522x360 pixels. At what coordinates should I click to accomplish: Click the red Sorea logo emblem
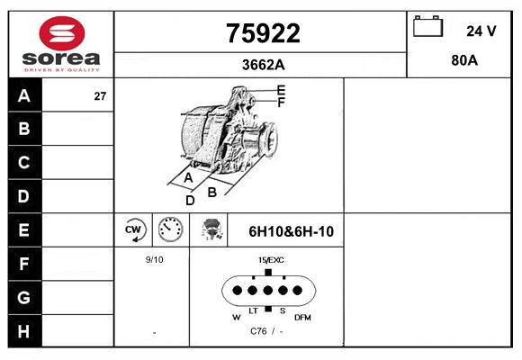pyautogui.click(x=62, y=33)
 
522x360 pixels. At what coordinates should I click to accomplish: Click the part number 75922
pyautogui.click(x=263, y=33)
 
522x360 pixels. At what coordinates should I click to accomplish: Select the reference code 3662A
pyautogui.click(x=264, y=65)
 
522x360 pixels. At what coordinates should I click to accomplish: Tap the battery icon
pyautogui.click(x=427, y=26)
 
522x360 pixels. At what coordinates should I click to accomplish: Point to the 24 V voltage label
pyautogui.click(x=481, y=31)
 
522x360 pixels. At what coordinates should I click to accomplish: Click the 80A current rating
pyautogui.click(x=464, y=60)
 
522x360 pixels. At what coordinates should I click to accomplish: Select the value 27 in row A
pyautogui.click(x=100, y=96)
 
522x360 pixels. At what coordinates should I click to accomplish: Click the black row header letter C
pyautogui.click(x=24, y=163)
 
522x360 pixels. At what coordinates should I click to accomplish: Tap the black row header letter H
pyautogui.click(x=24, y=331)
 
